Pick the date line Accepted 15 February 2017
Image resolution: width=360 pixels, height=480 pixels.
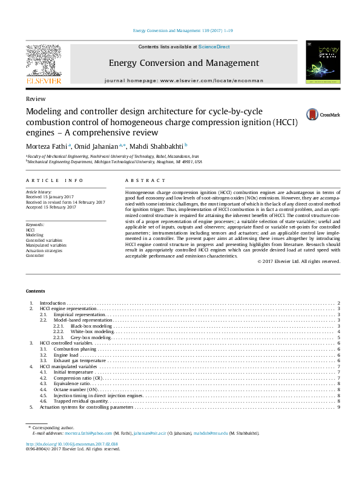click(x=51, y=207)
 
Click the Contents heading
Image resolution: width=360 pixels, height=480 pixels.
click(x=36, y=291)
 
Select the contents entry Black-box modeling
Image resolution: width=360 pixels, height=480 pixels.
click(x=96, y=326)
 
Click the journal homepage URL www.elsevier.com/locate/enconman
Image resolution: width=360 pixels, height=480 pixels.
click(x=203, y=80)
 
